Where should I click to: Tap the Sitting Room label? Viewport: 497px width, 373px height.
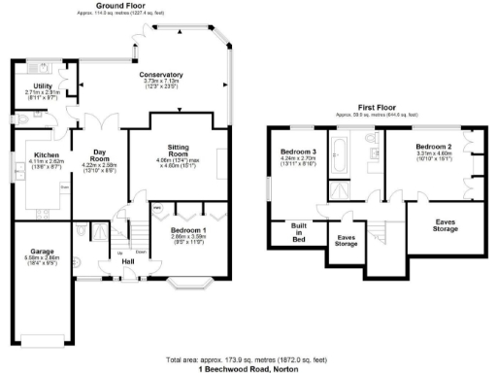coord(177,148)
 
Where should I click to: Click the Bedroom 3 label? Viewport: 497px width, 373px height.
coord(299,153)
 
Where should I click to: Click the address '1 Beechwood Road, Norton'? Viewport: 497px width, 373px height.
coord(248,369)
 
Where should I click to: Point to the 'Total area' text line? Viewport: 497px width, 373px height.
coord(248,360)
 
